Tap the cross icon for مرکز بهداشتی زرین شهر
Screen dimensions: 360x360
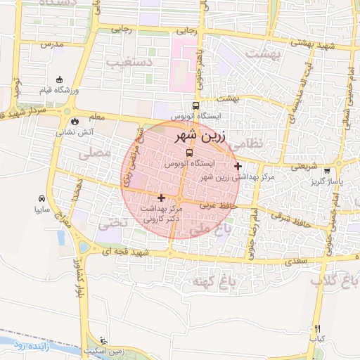pyautogui.click(x=238, y=167)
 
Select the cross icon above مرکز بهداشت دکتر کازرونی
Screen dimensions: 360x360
pyautogui.click(x=162, y=198)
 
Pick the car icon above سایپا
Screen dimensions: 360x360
pyautogui.click(x=43, y=198)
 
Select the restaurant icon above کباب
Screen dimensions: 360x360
pyautogui.click(x=317, y=328)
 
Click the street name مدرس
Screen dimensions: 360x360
pyautogui.click(x=52, y=44)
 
